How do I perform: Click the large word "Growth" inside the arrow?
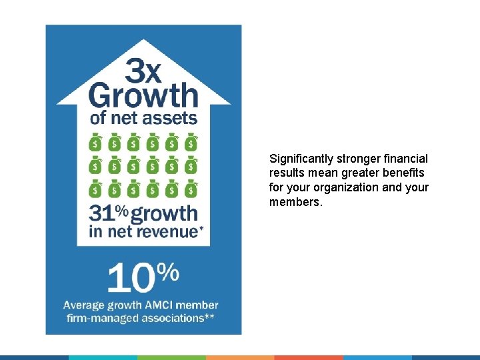143,95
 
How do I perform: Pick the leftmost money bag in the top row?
95,142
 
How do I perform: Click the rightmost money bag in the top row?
191,142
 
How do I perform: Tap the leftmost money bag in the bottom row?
95,189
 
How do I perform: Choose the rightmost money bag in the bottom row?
191,189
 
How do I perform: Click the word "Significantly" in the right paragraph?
301,159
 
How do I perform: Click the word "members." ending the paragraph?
295,201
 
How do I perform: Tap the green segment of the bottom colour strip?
171,357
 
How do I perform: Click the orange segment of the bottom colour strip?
240,357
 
